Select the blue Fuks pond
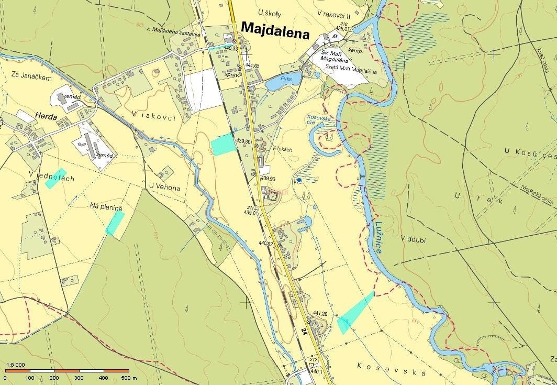pos(283,81)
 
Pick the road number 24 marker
pos(304,331)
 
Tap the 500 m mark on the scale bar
pos(129,377)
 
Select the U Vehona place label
pos(164,186)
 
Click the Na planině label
pos(106,208)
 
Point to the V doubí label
pos(414,239)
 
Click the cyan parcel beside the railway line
pos(222,143)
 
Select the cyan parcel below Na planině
pos(115,223)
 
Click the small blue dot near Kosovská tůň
pos(299,180)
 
